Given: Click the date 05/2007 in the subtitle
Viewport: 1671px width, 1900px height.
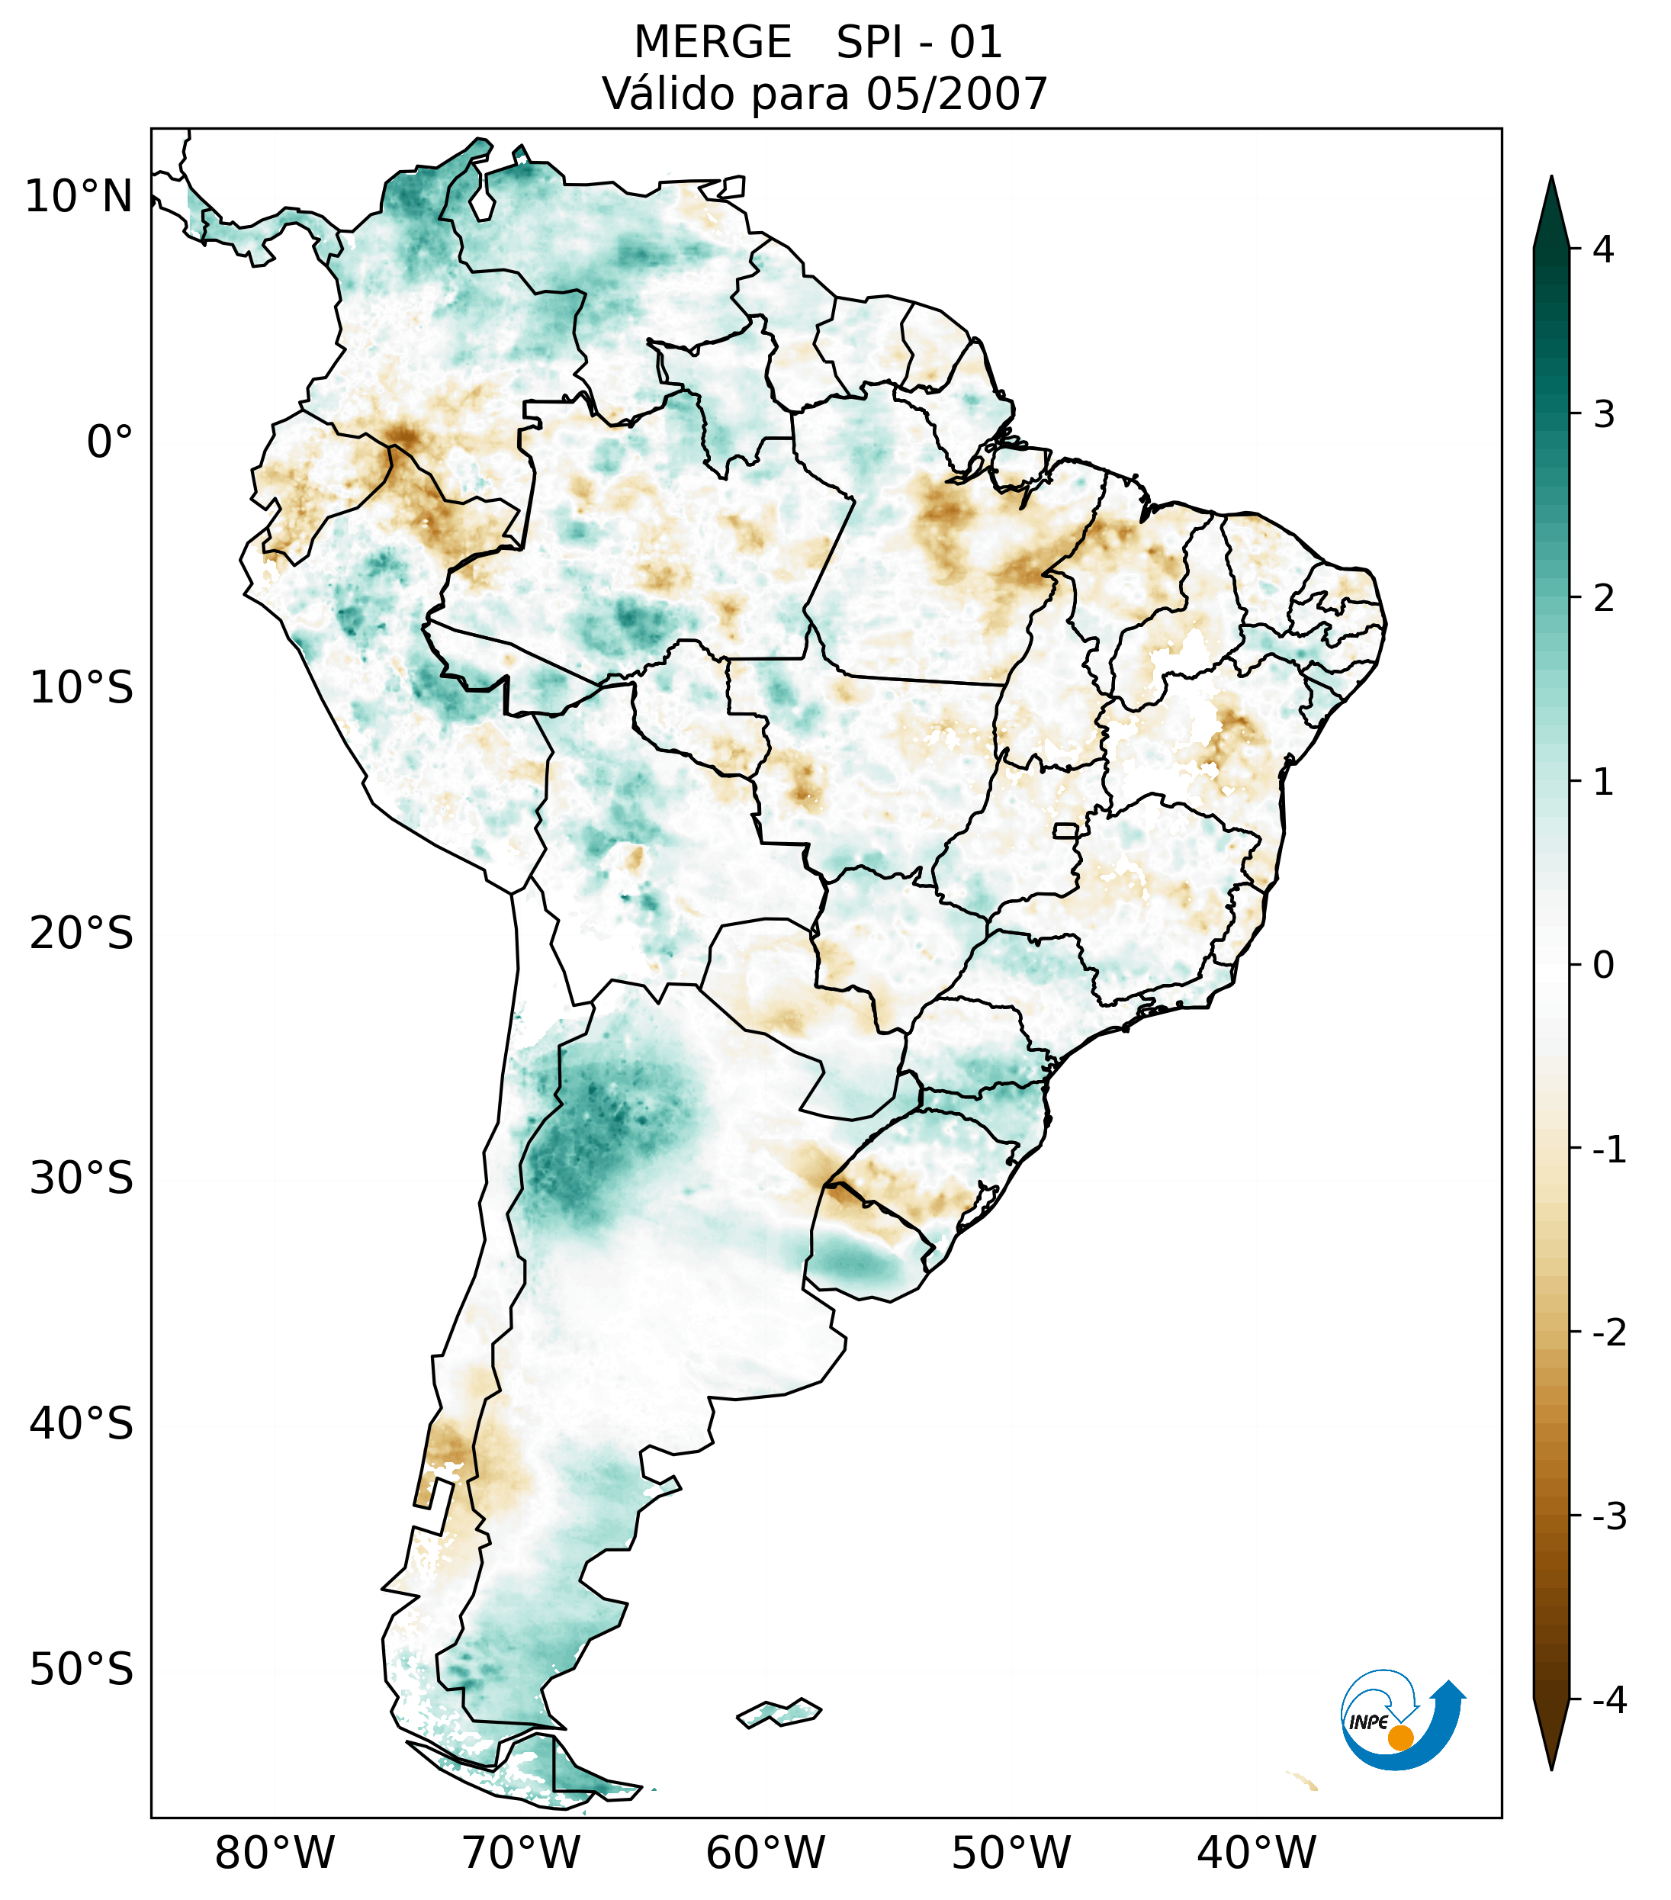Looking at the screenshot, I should [956, 94].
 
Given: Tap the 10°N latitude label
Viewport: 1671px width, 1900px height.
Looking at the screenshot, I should [79, 197].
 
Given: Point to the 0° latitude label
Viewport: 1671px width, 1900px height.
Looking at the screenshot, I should [110, 442].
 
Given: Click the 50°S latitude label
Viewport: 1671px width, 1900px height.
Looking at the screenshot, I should [82, 1670].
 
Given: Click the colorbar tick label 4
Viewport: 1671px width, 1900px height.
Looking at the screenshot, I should [1602, 249].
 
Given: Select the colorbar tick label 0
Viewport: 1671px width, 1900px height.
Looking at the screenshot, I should [1602, 965].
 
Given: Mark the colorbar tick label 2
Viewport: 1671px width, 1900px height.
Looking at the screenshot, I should [1602, 599].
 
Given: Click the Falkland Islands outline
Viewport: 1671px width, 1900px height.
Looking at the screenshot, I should [779, 1712].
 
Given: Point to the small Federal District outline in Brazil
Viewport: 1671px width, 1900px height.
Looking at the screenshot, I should [1066, 829].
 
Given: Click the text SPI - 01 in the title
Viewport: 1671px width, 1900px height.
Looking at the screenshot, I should [918, 43].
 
